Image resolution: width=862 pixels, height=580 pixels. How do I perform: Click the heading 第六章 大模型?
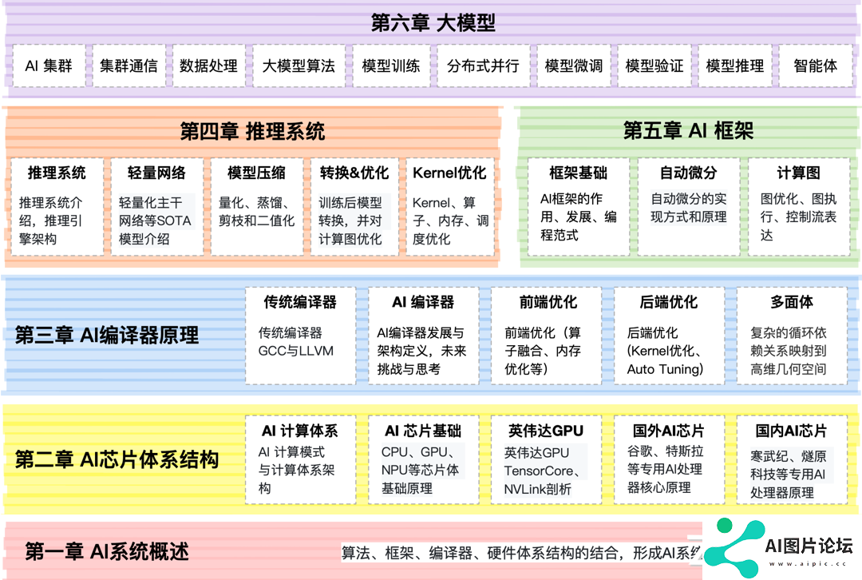tap(433, 22)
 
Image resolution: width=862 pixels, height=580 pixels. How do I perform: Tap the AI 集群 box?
tap(49, 66)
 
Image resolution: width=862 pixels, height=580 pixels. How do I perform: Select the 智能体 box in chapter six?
tap(816, 66)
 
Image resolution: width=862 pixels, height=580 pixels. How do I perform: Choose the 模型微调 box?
tap(574, 66)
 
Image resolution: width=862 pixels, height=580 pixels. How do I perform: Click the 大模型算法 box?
tap(299, 66)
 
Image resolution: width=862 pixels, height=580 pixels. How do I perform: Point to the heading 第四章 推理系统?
tap(252, 132)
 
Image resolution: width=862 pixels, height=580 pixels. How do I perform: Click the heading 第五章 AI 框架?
tap(688, 131)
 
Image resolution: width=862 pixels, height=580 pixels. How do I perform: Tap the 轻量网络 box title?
tap(156, 173)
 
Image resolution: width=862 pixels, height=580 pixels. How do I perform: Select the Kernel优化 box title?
tap(449, 173)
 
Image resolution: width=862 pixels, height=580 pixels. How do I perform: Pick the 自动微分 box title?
tap(688, 173)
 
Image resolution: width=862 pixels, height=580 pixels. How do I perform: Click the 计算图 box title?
tap(798, 173)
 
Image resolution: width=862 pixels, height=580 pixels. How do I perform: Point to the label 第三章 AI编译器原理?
tap(107, 335)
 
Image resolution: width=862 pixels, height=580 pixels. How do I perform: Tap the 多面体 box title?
tap(792, 301)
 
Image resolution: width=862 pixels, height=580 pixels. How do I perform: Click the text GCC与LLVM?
tap(296, 351)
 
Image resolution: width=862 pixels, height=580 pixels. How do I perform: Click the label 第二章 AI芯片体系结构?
tap(117, 459)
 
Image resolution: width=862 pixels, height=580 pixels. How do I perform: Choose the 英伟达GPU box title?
tap(546, 431)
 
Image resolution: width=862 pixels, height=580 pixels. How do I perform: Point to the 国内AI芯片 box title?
tap(791, 431)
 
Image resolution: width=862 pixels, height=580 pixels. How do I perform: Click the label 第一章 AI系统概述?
tap(107, 551)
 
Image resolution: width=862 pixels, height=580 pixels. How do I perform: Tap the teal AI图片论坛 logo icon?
tap(733, 548)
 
